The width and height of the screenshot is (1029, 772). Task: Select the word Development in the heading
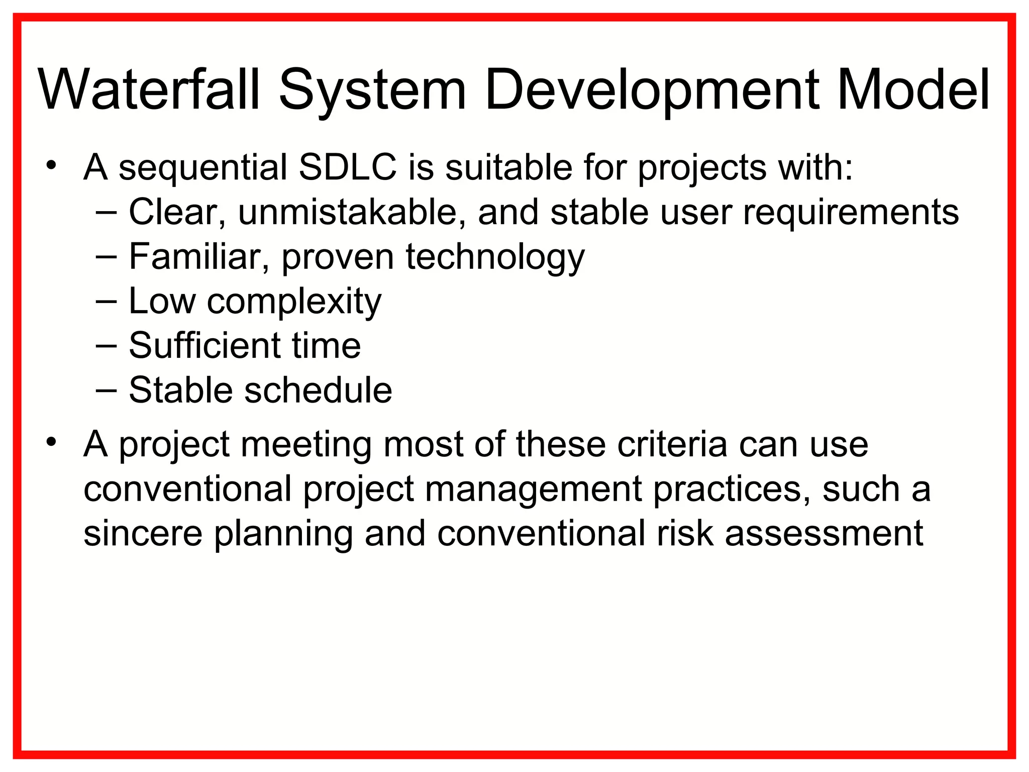pyautogui.click(x=652, y=90)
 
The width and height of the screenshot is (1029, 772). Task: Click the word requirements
pyautogui.click(x=851, y=213)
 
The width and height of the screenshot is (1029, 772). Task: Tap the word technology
pyautogui.click(x=495, y=257)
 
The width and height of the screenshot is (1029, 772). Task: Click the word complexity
pyautogui.click(x=294, y=302)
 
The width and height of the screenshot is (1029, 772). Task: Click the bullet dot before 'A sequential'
pyautogui.click(x=50, y=165)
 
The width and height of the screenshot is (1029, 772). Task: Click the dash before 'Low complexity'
pyautogui.click(x=106, y=302)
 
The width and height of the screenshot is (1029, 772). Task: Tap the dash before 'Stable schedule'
pyautogui.click(x=106, y=391)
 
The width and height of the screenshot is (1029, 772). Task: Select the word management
pyautogui.click(x=533, y=490)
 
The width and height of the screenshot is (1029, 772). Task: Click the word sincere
pyautogui.click(x=143, y=533)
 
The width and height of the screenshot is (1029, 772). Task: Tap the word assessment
pyautogui.click(x=824, y=534)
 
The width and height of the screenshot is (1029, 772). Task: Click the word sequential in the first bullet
pyautogui.click(x=203, y=168)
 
